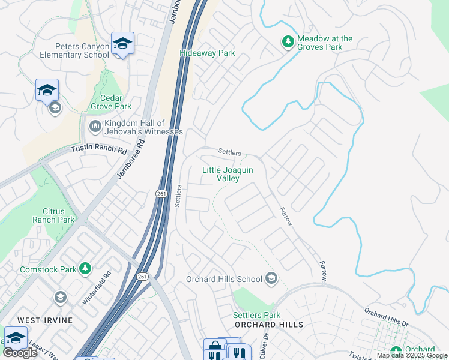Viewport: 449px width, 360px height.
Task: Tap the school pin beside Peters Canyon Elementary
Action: (x=122, y=44)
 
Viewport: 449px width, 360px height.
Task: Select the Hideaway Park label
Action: (x=207, y=53)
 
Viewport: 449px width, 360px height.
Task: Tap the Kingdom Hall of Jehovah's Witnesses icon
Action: (x=95, y=127)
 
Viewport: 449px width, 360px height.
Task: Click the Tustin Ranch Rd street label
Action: (x=99, y=149)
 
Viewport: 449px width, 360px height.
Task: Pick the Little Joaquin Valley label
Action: (x=228, y=174)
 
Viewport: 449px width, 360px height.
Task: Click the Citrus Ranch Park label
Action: (x=58, y=215)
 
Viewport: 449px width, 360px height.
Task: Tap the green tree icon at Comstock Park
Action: (x=86, y=268)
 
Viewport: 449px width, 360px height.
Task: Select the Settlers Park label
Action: (x=256, y=315)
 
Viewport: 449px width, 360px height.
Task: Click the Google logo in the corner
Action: (x=20, y=353)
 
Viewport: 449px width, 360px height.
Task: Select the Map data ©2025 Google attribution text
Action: (x=412, y=355)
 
